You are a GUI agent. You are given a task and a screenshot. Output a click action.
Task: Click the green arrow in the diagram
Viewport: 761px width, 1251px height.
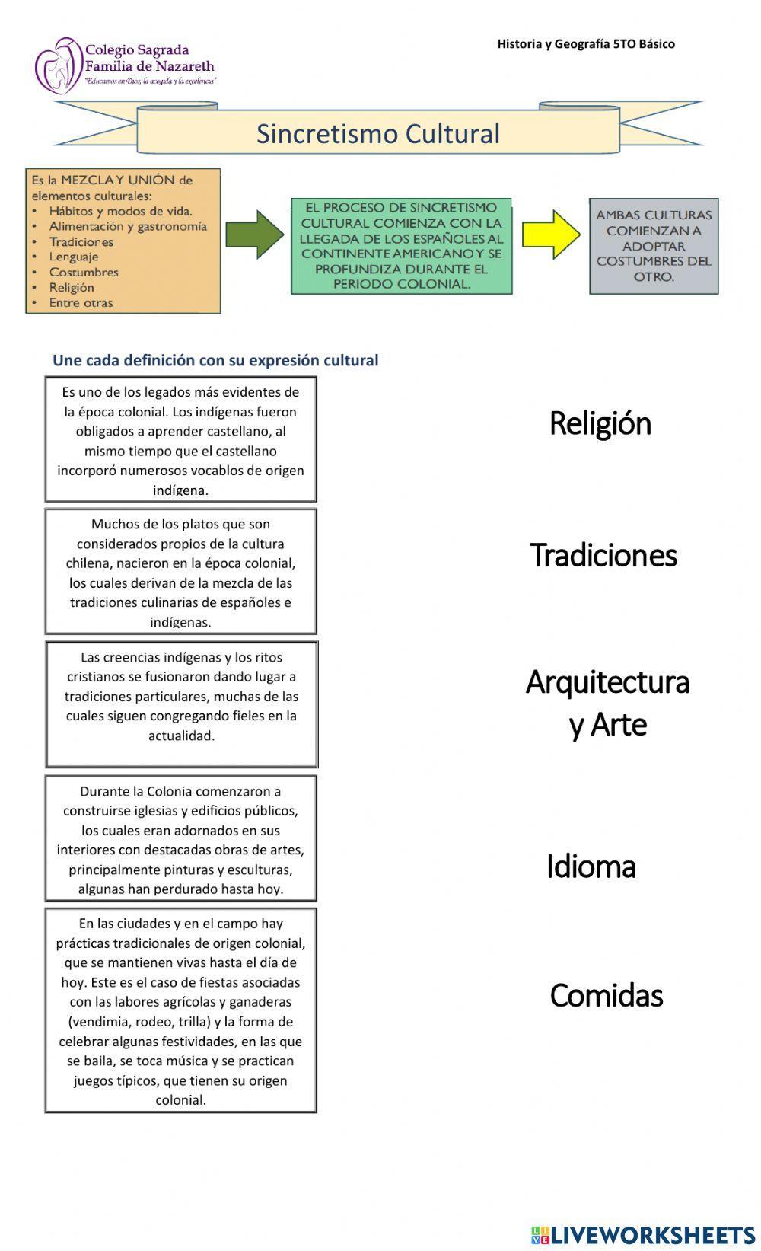(x=254, y=235)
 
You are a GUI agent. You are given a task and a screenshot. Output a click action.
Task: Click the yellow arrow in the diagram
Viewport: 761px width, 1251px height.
(x=551, y=235)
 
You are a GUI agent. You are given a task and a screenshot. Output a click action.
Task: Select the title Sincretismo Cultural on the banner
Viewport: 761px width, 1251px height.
(x=377, y=134)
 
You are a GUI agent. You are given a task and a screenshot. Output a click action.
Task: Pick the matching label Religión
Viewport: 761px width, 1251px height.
(x=600, y=423)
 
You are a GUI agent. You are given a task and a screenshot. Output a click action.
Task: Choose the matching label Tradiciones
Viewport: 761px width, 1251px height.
(x=603, y=555)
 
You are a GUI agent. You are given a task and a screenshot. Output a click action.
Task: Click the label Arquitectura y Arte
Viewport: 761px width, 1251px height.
(x=607, y=703)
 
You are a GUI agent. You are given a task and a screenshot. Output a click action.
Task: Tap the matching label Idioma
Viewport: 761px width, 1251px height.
(x=591, y=866)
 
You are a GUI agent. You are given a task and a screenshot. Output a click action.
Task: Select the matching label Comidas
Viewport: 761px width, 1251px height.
(x=606, y=995)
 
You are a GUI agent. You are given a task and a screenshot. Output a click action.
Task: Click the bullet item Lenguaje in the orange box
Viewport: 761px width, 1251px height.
(x=74, y=257)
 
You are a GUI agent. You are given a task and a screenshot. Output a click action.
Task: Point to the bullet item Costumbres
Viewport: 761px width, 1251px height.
(x=84, y=272)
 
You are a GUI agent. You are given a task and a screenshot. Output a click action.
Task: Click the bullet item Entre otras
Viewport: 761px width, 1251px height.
(x=81, y=302)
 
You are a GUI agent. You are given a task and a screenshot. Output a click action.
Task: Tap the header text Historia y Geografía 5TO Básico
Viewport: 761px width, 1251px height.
(x=586, y=44)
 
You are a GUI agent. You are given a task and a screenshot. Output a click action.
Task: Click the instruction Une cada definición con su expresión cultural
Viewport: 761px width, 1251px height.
(x=215, y=360)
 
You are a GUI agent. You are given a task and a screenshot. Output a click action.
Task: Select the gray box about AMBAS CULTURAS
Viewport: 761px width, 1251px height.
(x=654, y=246)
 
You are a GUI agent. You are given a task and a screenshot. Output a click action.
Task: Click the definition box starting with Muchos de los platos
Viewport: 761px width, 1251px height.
(x=180, y=572)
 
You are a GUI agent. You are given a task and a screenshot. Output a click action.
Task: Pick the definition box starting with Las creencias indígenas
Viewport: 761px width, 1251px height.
(x=181, y=704)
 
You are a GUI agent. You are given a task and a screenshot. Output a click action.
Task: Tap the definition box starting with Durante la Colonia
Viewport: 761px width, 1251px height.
(x=180, y=838)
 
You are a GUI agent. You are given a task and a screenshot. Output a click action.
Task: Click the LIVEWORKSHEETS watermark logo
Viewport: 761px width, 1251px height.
(x=643, y=1234)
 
